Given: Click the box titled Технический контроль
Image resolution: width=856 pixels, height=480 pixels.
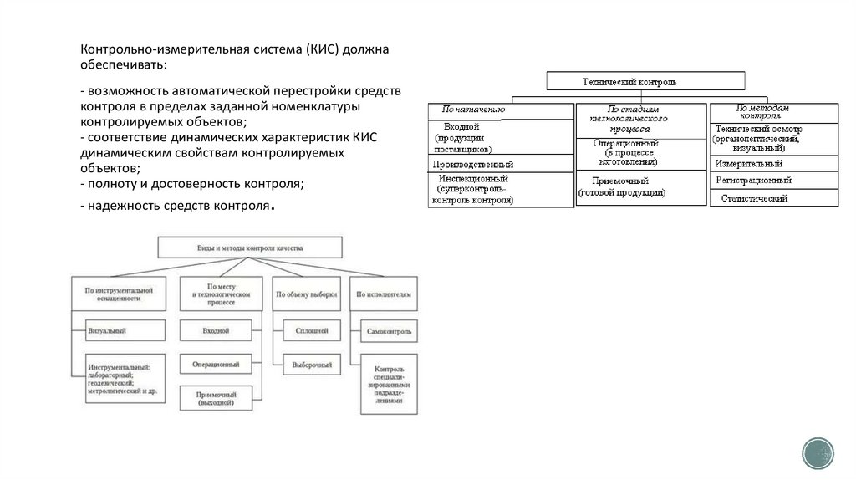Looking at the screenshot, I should tap(645, 81).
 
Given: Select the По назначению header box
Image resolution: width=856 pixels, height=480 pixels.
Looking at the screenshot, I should tap(500, 109).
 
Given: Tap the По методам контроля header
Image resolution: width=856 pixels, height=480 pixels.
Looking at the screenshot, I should tap(773, 112).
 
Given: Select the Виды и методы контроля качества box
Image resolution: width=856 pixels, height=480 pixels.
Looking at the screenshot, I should tap(250, 248).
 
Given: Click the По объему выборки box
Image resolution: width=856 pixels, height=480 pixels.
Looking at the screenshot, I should tap(307, 294).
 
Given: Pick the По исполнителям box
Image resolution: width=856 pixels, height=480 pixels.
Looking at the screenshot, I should tap(388, 294).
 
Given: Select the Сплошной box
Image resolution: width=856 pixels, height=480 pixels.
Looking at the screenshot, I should tap(311, 332).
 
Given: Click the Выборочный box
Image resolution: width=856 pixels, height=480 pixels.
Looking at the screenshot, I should tap(311, 365).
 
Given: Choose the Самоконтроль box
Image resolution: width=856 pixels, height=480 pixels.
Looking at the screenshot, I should tap(390, 332).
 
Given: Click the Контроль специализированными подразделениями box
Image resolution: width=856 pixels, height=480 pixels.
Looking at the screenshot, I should tap(390, 384).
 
